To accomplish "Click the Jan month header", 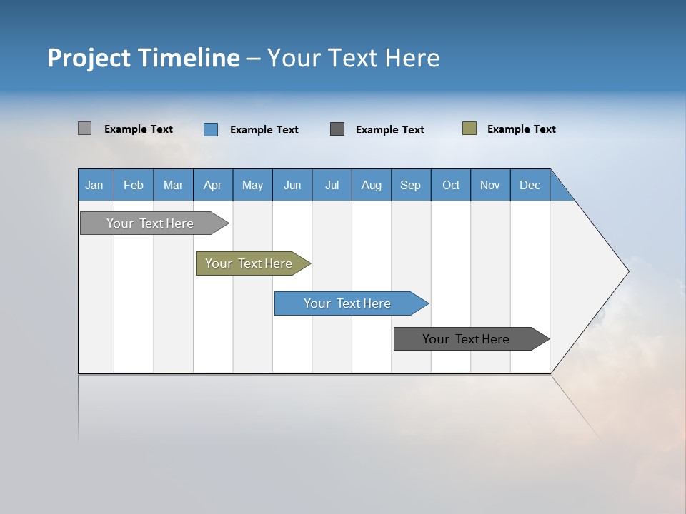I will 95,185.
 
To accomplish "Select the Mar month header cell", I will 173,185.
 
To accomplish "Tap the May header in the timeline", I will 252,185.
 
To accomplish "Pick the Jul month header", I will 332,185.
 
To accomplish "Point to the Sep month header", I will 410,185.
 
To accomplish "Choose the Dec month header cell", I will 530,185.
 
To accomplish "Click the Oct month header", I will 450,185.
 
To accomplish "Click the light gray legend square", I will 84,128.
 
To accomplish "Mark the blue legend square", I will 211,129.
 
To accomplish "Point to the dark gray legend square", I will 337,129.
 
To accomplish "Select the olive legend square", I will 469,128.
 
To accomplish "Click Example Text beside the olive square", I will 521,129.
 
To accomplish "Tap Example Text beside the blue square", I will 264,130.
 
